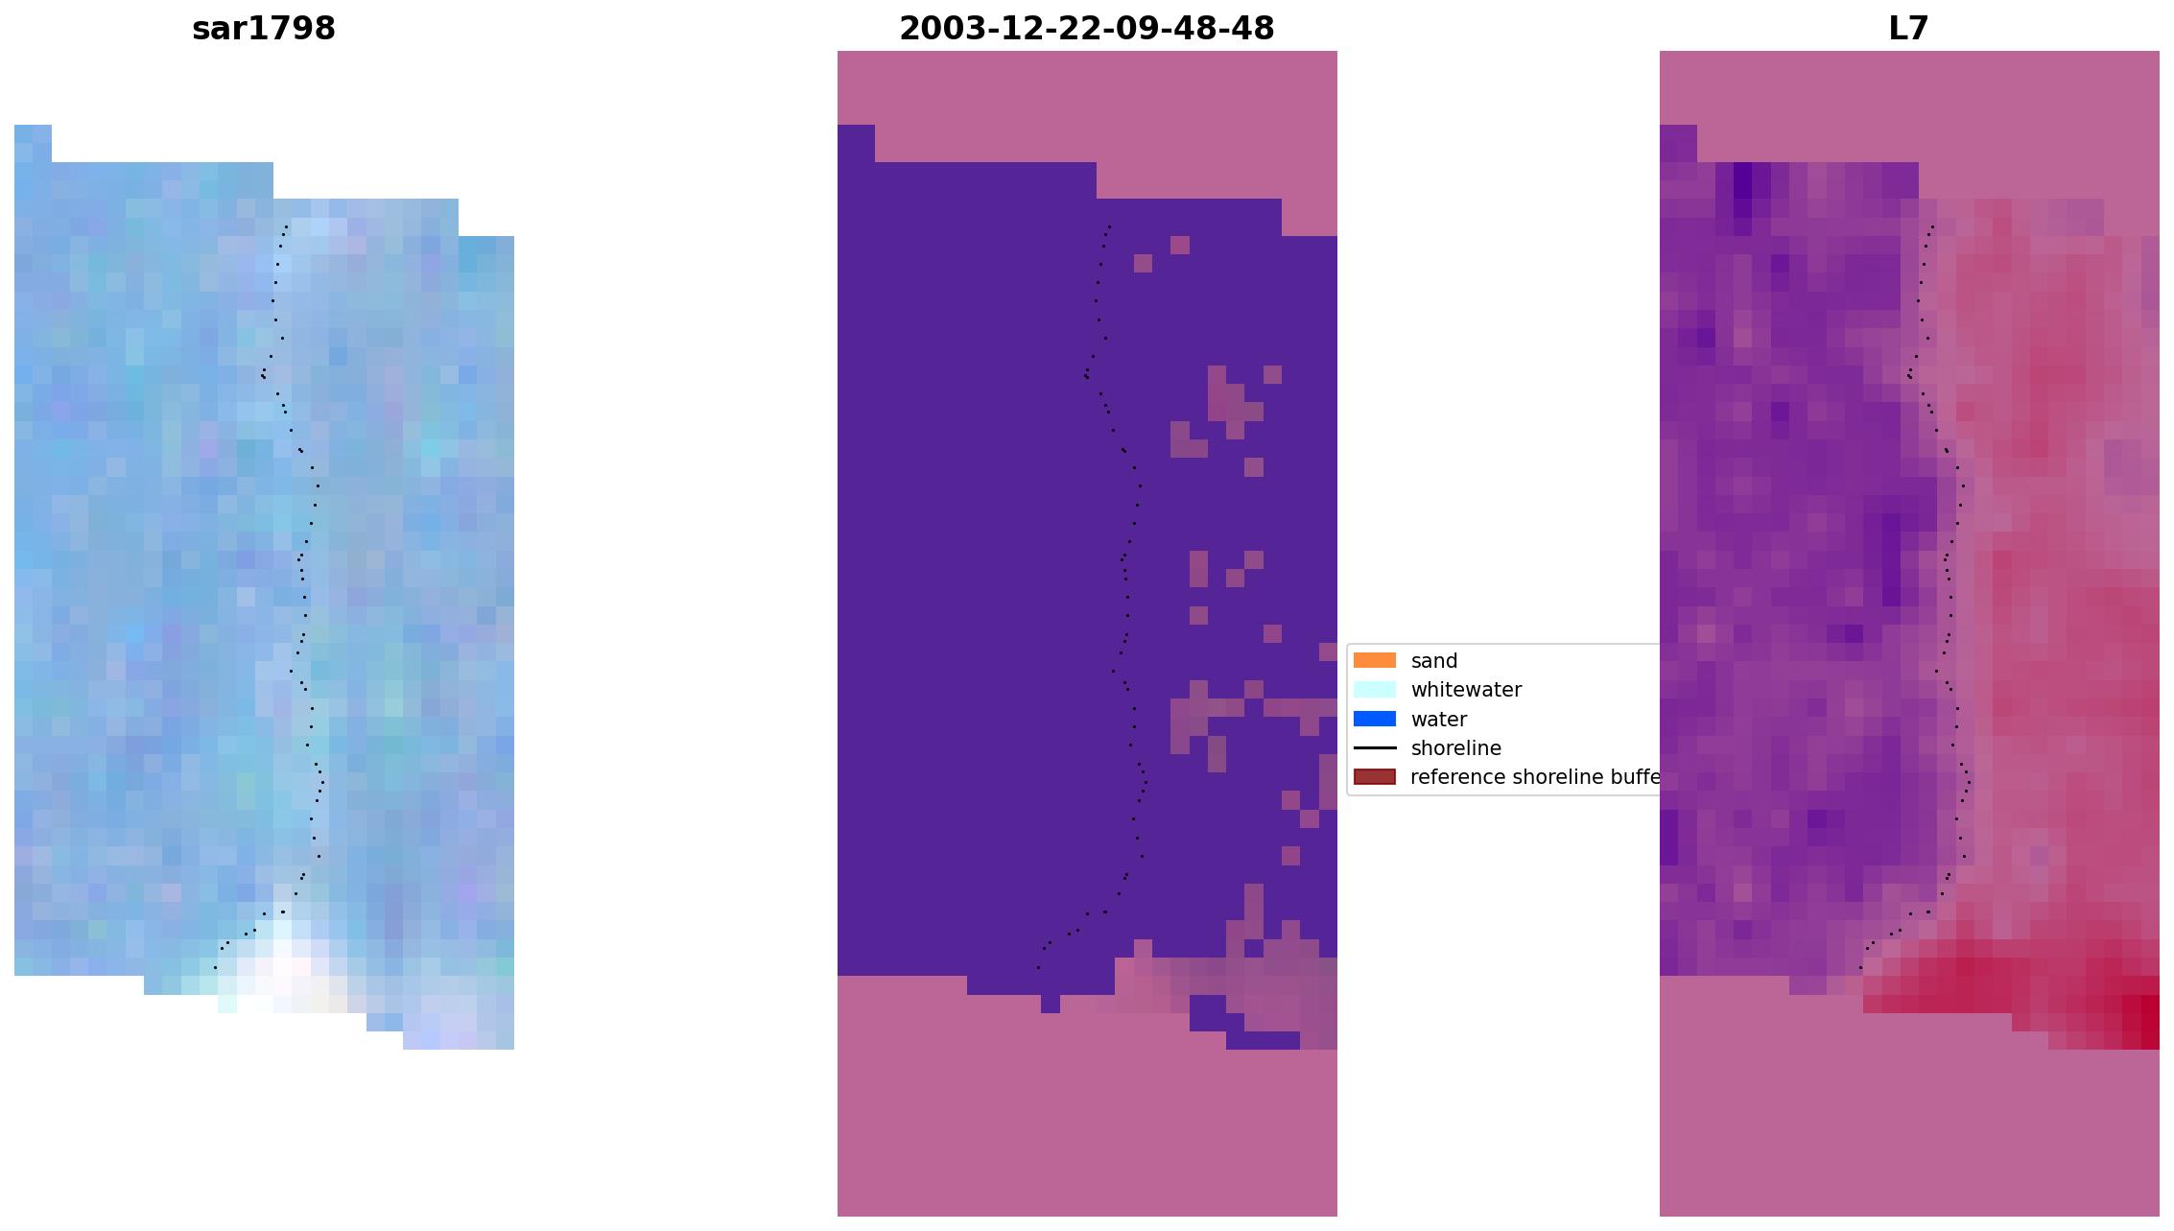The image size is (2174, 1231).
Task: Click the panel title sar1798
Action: click(264, 29)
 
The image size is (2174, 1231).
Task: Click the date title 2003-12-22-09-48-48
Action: click(1086, 29)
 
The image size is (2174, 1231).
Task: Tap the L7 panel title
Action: click(1908, 29)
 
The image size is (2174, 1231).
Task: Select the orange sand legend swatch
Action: click(1374, 660)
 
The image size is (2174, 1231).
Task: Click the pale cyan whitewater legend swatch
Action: click(1374, 689)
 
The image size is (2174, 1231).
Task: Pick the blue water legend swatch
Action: click(1374, 719)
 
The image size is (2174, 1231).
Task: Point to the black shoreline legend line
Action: click(1374, 747)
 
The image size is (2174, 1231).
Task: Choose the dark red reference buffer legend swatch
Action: click(1374, 776)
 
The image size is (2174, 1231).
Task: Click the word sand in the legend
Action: click(1434, 661)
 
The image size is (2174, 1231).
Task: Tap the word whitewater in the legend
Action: click(1466, 690)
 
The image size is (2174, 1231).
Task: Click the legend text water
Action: click(1438, 720)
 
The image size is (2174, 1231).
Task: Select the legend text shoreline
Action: click(1455, 748)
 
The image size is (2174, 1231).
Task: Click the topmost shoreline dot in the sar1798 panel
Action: click(287, 226)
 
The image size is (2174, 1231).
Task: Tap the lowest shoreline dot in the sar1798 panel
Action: click(215, 967)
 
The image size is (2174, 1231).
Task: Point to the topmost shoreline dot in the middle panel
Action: click(1110, 226)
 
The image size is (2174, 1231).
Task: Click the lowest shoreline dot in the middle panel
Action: click(1038, 967)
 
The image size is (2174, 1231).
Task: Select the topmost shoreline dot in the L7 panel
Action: click(1932, 226)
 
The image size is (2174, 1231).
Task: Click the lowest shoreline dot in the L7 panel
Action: click(1860, 967)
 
